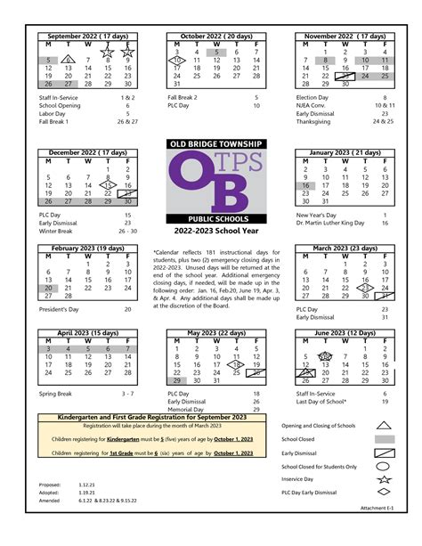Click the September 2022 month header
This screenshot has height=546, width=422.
pos(85,35)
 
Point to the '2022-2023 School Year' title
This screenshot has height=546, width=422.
pos(211,230)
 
